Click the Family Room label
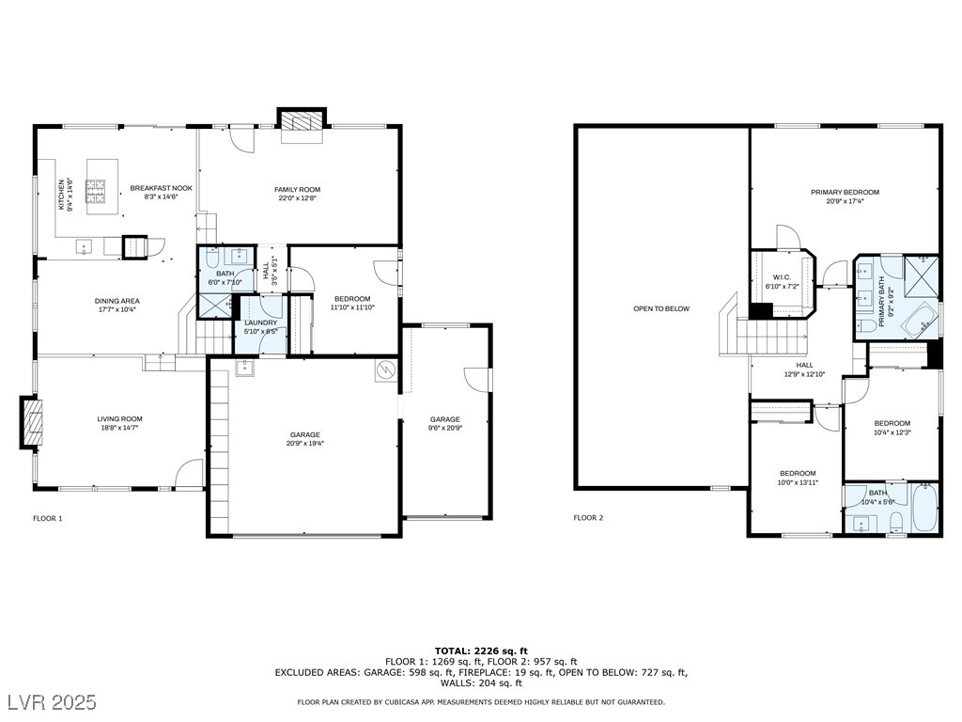click(297, 190)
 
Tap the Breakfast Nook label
click(161, 188)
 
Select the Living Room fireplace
click(33, 422)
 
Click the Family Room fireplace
click(302, 123)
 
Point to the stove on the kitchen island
click(97, 193)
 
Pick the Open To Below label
click(660, 308)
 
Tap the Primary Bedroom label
click(845, 192)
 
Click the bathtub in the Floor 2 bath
click(924, 509)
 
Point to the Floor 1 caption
click(48, 518)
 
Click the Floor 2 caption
click(588, 518)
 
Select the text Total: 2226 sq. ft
click(480, 651)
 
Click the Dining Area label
click(117, 301)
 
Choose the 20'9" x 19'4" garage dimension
click(306, 444)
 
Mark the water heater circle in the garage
click(385, 370)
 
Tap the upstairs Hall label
click(805, 365)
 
